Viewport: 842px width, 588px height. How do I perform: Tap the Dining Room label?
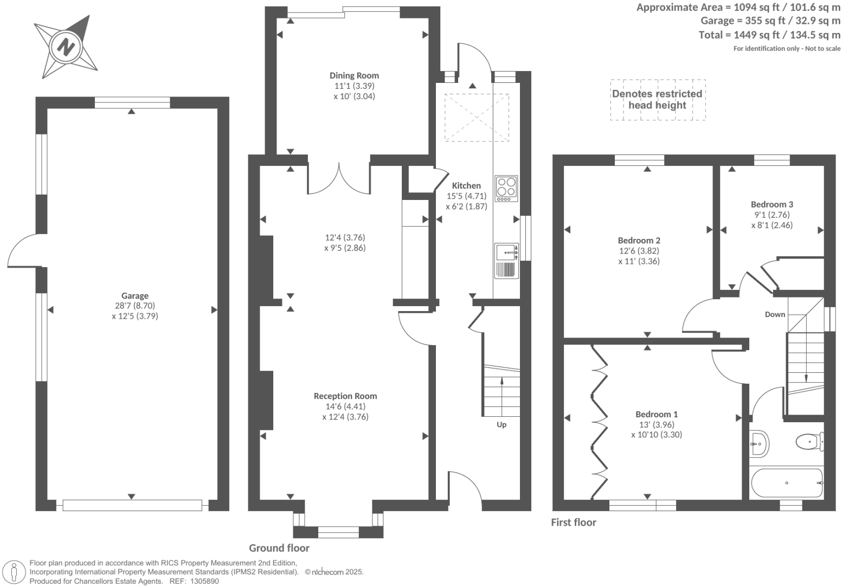(354, 75)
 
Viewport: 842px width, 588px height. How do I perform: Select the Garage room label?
(134, 295)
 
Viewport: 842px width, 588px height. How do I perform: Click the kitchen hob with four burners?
(506, 189)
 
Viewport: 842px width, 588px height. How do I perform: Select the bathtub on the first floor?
(787, 482)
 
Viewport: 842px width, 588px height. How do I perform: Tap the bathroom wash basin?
(759, 444)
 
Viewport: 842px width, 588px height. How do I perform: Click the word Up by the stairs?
(502, 424)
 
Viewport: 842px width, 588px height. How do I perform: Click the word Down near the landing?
(775, 314)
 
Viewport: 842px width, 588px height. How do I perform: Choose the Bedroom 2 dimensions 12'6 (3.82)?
(639, 251)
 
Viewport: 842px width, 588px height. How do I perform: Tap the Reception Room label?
(345, 396)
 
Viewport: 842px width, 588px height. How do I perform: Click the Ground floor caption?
(279, 548)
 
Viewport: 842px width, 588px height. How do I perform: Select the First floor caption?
(573, 522)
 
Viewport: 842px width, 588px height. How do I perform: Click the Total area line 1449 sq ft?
(769, 35)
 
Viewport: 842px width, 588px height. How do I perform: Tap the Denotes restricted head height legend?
(657, 99)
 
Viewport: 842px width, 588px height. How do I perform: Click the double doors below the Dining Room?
(339, 179)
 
